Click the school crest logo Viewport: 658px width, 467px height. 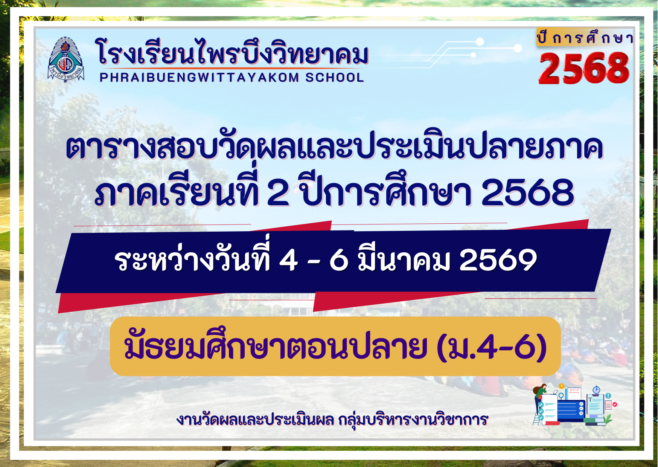pos(66,60)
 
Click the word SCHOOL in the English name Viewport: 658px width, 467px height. pos(335,77)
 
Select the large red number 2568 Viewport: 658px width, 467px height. pos(584,68)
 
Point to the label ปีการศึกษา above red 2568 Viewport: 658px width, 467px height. pos(585,38)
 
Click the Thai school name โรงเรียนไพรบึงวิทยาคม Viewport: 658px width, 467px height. pos(232,53)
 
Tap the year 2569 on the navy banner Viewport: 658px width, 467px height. pos(498,260)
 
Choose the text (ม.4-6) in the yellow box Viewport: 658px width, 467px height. pos(492,347)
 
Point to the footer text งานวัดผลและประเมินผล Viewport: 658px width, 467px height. pos(255,419)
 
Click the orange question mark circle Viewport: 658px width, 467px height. pos(562,386)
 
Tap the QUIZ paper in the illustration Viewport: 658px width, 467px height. pos(574,394)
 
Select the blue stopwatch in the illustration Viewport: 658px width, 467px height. pos(596,389)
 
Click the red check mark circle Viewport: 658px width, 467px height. pos(615,404)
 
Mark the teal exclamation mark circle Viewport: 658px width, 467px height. pos(608,396)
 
